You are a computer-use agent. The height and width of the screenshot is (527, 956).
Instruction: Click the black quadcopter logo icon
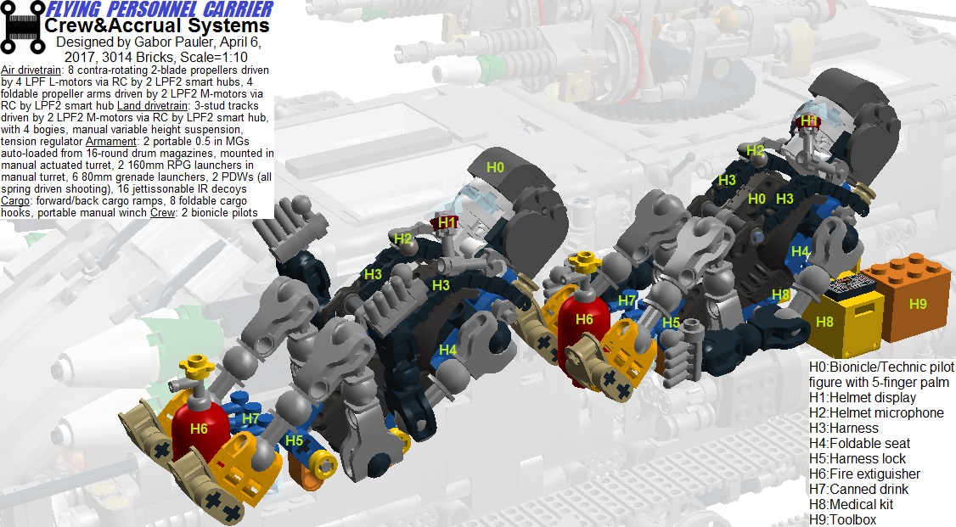coord(23,27)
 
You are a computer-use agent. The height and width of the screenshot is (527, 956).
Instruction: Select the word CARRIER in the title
coord(239,9)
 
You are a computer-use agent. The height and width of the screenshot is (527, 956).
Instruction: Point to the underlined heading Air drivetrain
coord(31,70)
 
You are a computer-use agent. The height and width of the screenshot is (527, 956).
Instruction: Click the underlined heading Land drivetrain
coord(153,106)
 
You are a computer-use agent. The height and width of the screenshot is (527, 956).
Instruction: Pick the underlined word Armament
coord(111,142)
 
